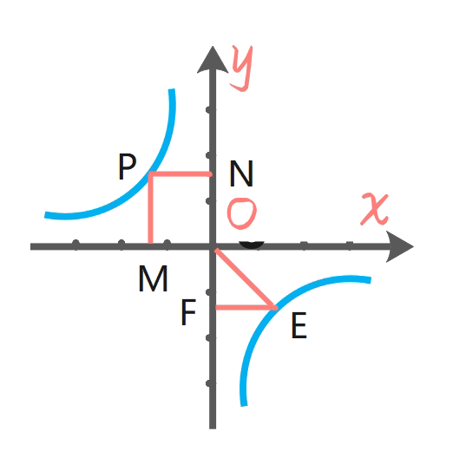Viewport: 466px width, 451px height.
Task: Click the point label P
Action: [128, 167]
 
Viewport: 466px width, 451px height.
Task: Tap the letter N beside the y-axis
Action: [241, 173]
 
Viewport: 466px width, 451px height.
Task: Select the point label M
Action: [153, 278]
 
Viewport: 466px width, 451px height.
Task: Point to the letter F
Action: [188, 312]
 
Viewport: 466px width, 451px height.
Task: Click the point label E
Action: [299, 325]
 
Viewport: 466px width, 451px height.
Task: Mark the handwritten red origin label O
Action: [241, 213]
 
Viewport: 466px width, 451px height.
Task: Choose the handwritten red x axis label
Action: [375, 209]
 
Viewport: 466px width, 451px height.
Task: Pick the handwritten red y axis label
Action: [242, 68]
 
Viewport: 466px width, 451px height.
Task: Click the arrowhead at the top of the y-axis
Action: [213, 60]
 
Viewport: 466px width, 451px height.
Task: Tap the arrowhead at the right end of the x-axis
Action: [399, 246]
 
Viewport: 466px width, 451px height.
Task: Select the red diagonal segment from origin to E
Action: [246, 278]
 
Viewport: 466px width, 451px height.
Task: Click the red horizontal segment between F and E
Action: [246, 308]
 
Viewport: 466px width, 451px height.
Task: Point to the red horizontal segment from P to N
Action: [180, 173]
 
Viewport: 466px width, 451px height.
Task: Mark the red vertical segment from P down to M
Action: [151, 208]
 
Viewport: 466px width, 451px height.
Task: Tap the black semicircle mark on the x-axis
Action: [252, 245]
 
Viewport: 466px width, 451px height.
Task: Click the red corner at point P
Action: [151, 173]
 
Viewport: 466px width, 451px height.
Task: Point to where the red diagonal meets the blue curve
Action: [274, 308]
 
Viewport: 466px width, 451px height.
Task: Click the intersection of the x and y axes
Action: [213, 246]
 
